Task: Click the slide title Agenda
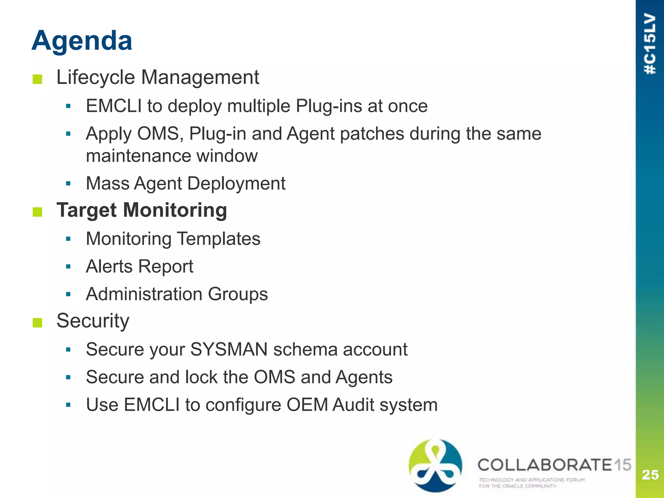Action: point(82,41)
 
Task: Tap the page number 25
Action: point(650,475)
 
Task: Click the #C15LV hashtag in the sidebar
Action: point(650,44)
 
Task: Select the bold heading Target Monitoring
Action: point(142,210)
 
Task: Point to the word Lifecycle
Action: point(96,77)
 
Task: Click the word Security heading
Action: point(93,321)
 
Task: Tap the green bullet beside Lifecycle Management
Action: point(38,79)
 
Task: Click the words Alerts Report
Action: point(139,267)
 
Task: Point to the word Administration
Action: point(144,294)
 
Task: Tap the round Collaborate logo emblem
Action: point(435,466)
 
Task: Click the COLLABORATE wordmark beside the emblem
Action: point(545,465)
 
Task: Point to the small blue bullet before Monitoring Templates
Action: point(68,239)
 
